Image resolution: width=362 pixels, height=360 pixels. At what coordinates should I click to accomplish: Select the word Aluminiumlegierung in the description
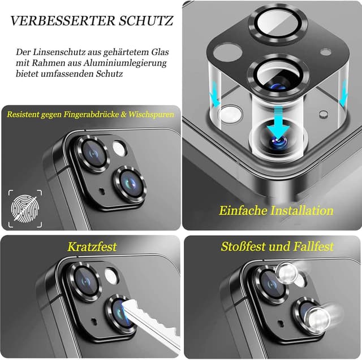click(x=122, y=63)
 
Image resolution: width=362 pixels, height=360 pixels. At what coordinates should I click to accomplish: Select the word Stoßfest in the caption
click(x=243, y=246)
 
